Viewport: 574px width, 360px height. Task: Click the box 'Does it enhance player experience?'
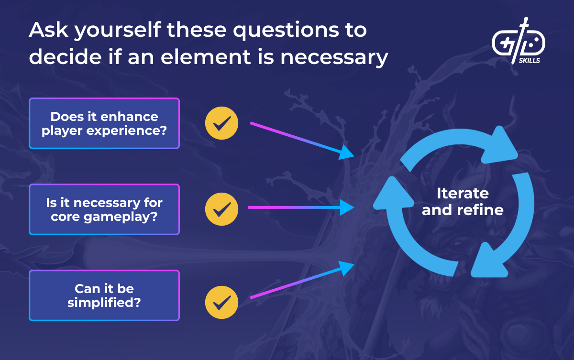pyautogui.click(x=104, y=123)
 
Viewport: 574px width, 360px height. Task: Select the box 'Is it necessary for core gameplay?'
pyautogui.click(x=104, y=209)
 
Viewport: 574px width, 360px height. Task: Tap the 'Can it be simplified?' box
pyautogui.click(x=104, y=295)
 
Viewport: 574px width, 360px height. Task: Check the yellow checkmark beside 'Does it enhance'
pyautogui.click(x=221, y=123)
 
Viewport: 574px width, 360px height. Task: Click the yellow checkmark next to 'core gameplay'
pyautogui.click(x=221, y=209)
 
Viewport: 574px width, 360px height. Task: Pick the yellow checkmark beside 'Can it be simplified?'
pyautogui.click(x=221, y=302)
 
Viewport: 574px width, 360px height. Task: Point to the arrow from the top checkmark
pyautogui.click(x=301, y=139)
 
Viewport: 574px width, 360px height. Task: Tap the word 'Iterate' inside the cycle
pyautogui.click(x=463, y=193)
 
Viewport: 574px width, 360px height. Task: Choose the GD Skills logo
pyautogui.click(x=519, y=41)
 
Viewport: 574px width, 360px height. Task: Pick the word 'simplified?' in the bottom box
pyautogui.click(x=104, y=302)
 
